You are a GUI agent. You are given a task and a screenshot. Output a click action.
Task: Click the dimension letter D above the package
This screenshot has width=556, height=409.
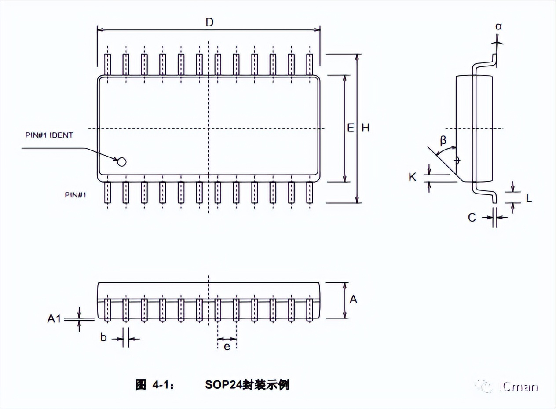209,22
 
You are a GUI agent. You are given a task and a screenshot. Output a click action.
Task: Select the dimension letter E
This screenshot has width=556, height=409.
351,128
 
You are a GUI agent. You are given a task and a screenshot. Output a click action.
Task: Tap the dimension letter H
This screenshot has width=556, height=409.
366,128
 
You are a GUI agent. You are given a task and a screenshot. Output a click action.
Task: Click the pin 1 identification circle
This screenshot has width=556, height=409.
121,162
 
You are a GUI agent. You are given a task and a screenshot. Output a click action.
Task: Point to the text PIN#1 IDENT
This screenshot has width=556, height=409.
49,135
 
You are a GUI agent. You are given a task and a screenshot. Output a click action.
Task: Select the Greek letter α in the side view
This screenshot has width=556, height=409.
498,27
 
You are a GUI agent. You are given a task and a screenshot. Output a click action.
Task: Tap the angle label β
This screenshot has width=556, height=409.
443,141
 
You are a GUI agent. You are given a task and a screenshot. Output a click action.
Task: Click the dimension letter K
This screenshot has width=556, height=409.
412,177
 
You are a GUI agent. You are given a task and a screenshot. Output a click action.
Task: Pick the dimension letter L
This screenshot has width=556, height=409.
529,198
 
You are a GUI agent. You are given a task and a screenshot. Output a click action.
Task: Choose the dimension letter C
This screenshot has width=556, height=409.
472,217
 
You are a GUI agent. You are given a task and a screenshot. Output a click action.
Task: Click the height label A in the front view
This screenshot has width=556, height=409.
353,299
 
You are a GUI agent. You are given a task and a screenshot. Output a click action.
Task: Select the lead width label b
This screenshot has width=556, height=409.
104,338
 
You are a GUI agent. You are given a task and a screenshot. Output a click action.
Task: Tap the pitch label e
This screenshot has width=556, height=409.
227,347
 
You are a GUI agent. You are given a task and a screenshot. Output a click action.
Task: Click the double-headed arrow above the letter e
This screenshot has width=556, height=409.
227,339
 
